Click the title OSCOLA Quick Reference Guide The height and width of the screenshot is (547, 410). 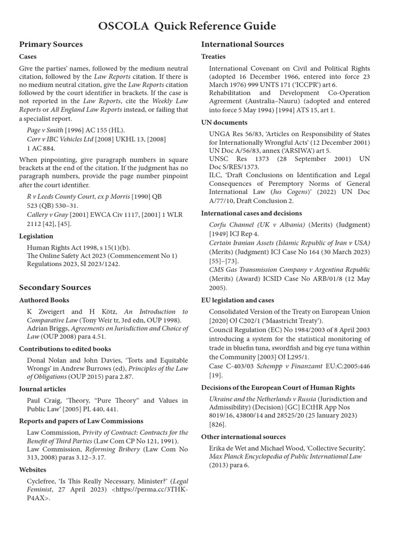point(188,26)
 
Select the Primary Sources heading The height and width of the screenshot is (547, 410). point(51,44)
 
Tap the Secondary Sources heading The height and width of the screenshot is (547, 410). point(55,287)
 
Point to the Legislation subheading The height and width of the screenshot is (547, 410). point(36,236)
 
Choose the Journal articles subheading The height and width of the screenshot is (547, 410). point(43,389)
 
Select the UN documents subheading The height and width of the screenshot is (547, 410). point(224,122)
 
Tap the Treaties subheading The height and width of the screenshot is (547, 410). point(214,57)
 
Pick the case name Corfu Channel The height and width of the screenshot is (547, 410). point(235,225)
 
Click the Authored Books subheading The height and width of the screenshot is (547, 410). point(44,300)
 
